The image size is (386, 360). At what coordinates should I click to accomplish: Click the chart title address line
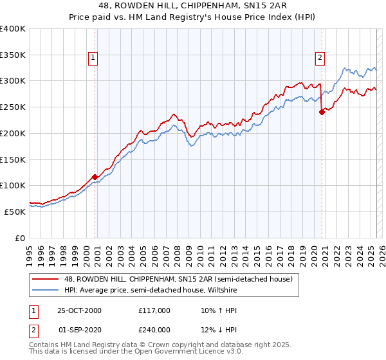tap(193, 6)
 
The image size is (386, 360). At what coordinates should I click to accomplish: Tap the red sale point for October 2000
tap(95, 176)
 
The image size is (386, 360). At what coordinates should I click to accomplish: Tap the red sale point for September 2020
tap(322, 112)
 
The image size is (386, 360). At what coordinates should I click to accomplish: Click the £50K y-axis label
tap(15, 211)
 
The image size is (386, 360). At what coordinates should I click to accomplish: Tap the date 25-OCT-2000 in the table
tap(80, 310)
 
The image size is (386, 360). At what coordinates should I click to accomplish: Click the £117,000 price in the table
tap(154, 310)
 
